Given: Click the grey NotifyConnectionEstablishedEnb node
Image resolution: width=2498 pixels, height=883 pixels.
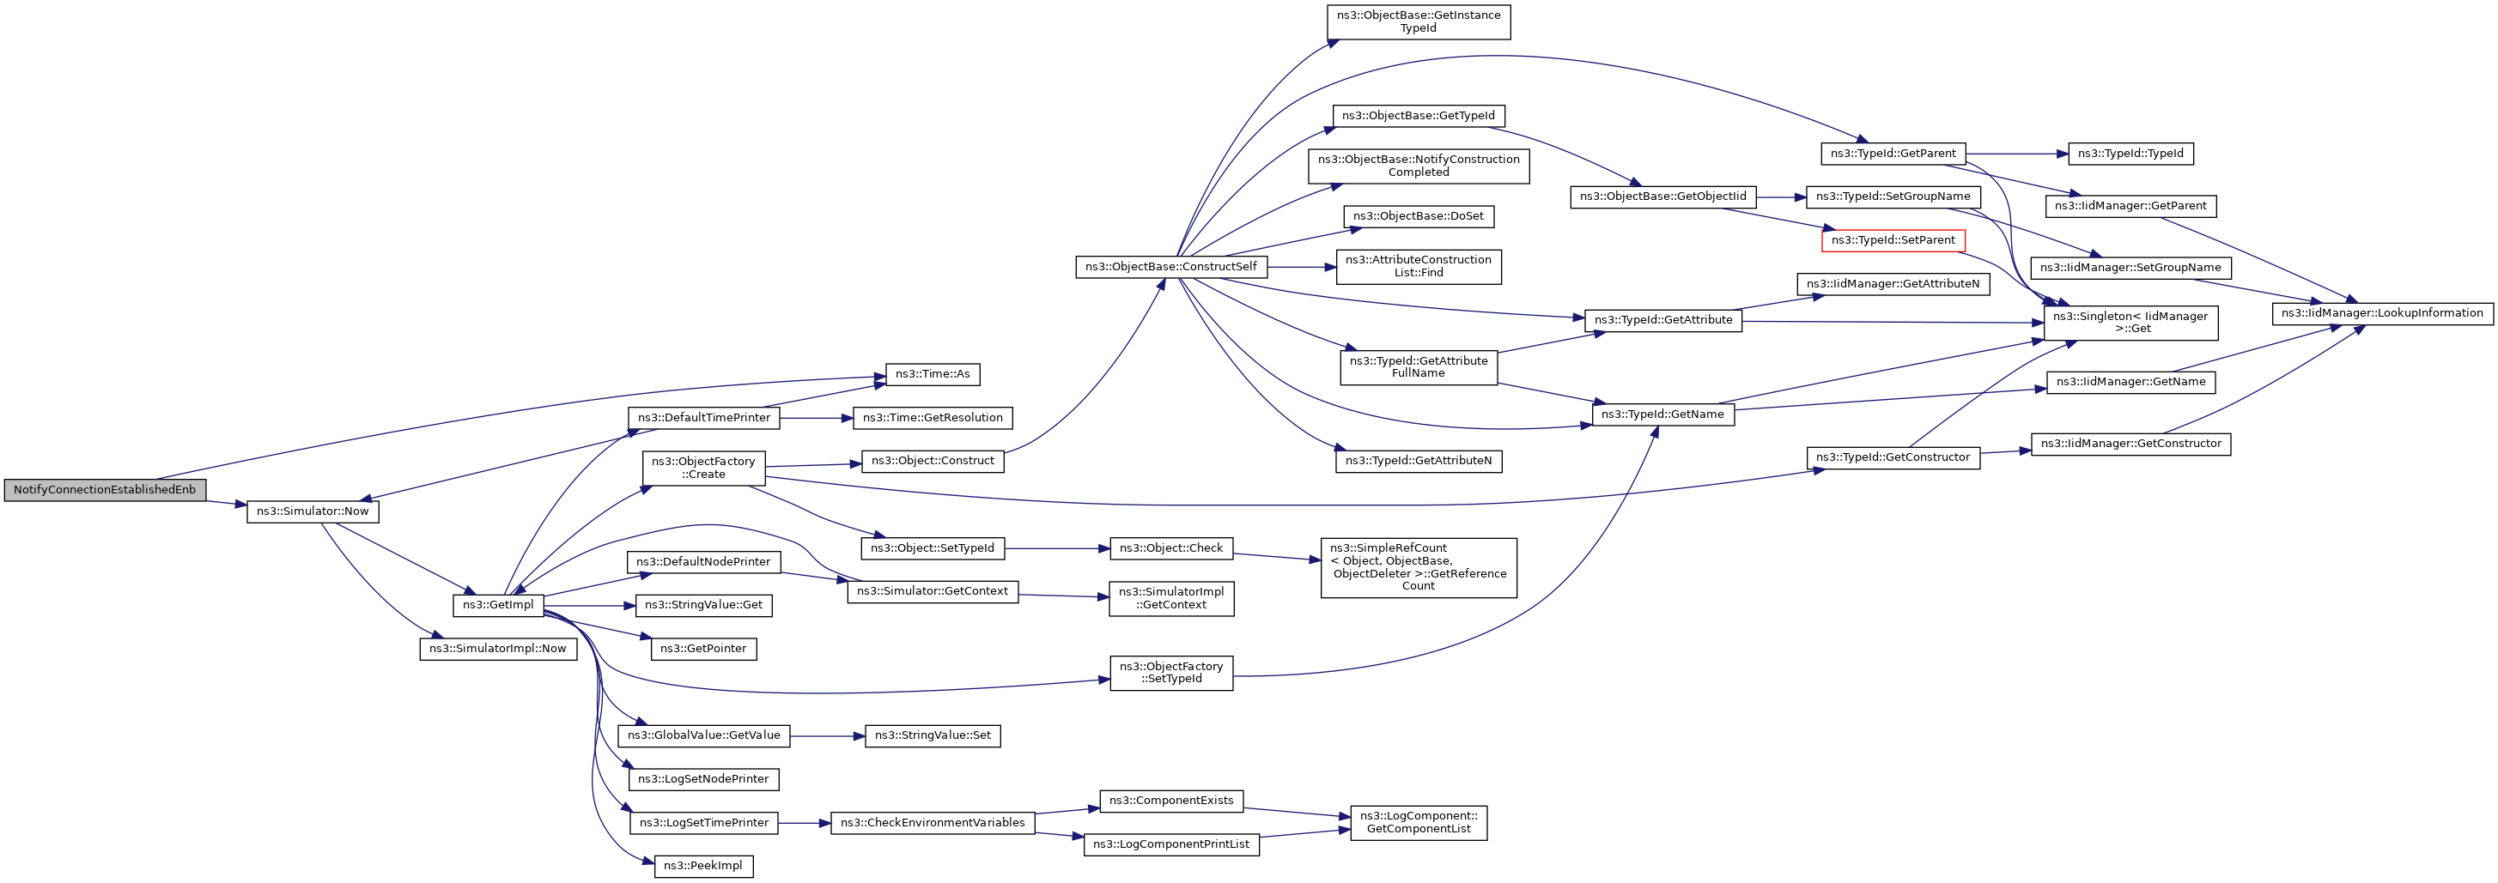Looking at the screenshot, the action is click(105, 489).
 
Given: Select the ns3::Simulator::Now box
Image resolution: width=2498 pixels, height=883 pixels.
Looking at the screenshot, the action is click(313, 511).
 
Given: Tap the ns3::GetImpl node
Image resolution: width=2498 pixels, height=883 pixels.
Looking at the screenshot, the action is click(498, 605).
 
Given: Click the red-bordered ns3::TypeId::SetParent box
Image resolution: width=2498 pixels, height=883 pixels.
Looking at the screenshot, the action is click(1893, 240).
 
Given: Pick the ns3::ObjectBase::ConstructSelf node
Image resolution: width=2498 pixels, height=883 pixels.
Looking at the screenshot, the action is click(1171, 267).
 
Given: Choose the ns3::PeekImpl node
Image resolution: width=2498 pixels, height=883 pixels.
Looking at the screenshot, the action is click(704, 866).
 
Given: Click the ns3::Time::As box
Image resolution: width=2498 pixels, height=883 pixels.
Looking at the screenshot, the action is click(933, 374).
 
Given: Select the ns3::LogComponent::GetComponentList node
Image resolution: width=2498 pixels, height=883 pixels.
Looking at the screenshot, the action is click(1419, 823).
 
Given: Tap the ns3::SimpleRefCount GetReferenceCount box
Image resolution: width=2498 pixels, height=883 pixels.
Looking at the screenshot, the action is click(1419, 567).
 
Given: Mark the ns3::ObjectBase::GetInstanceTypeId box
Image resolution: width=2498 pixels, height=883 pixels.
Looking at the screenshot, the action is click(1419, 22).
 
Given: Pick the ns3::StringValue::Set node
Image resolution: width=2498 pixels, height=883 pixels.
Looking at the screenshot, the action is click(933, 735).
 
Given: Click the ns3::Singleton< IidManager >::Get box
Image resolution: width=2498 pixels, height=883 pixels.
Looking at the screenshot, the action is click(2130, 323).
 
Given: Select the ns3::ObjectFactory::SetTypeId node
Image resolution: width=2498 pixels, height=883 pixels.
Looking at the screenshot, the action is click(1171, 673).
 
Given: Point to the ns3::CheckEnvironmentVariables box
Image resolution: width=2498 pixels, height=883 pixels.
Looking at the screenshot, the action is click(933, 823).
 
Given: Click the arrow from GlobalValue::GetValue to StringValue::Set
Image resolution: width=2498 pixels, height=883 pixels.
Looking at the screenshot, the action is click(827, 736).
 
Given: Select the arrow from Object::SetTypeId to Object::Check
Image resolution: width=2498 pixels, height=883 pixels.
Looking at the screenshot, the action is click(1057, 548).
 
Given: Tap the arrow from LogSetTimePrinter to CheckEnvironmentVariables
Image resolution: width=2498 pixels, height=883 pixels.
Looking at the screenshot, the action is click(804, 823).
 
